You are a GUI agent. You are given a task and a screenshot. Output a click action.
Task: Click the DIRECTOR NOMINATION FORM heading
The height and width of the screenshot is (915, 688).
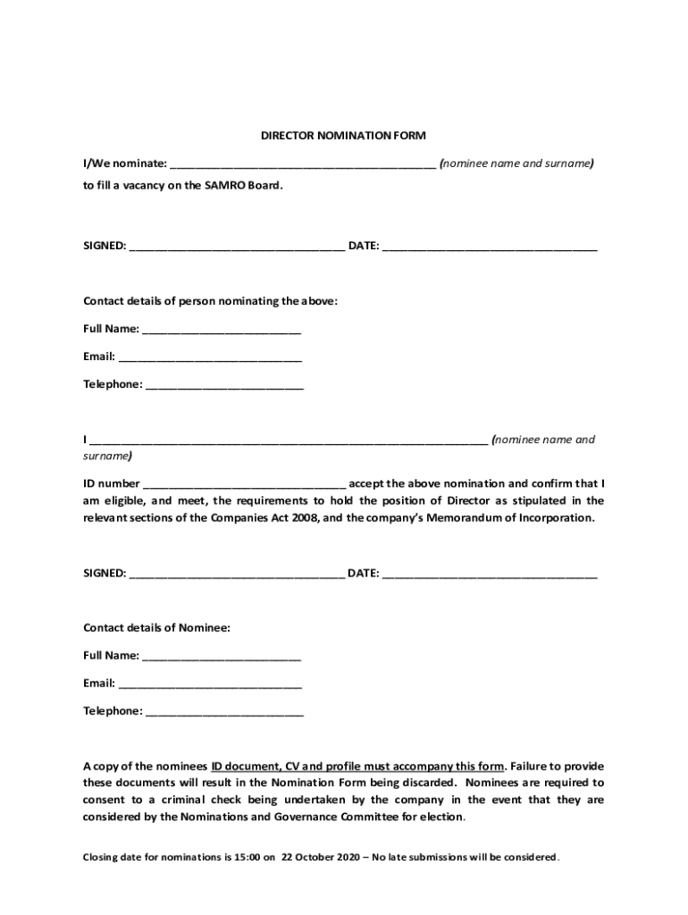point(343,136)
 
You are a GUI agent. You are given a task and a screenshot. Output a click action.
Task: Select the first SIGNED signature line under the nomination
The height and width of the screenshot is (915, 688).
point(237,247)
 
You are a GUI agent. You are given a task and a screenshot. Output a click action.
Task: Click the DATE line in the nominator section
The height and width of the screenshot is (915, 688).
point(490,247)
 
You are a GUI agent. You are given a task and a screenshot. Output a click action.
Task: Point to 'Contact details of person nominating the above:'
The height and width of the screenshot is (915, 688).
point(211,301)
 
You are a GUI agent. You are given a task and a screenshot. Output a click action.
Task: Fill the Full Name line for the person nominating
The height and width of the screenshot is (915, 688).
point(222,330)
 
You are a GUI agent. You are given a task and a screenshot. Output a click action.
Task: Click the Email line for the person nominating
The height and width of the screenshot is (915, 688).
point(210,357)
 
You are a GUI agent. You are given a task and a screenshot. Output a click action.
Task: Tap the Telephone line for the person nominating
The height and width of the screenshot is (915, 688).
point(224,385)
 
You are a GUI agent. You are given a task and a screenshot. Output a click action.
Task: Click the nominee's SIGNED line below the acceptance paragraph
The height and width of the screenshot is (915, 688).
point(237,574)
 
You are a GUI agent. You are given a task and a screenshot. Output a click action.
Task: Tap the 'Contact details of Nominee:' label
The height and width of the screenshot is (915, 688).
point(156,628)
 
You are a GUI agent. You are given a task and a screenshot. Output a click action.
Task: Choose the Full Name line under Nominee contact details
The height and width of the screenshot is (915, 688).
point(222,657)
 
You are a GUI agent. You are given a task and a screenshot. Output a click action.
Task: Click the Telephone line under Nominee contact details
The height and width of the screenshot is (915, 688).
point(224,712)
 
